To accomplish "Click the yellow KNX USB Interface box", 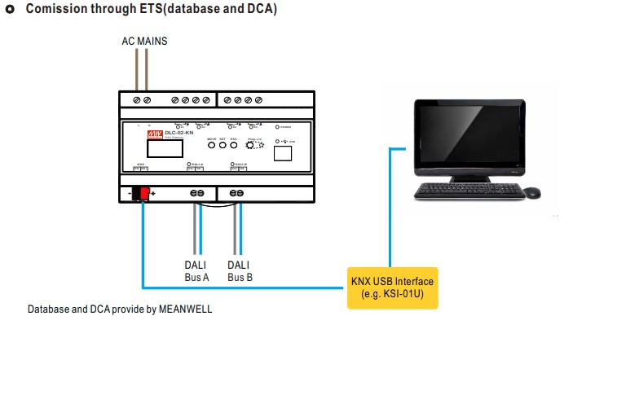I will [x=392, y=287].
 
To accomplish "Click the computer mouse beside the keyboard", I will [x=531, y=193].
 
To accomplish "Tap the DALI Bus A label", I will [x=196, y=271].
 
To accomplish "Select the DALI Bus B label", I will [x=239, y=271].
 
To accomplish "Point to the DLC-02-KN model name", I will [x=178, y=133].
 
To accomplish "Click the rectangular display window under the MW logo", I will [x=164, y=149].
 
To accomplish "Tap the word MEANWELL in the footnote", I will [x=185, y=309].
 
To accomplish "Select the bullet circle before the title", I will [x=11, y=10].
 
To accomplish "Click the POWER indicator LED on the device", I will [x=278, y=127].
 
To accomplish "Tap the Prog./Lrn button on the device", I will [x=252, y=144].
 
